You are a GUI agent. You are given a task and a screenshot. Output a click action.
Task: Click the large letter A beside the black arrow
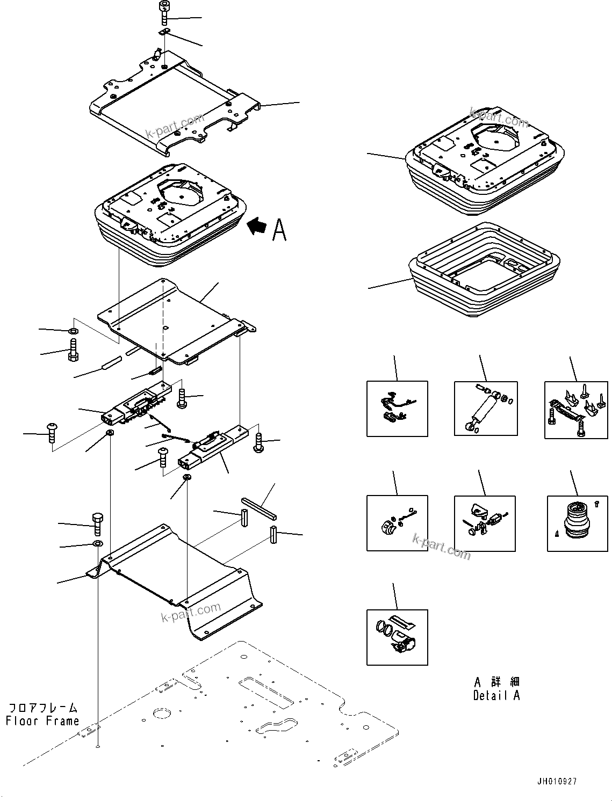(279, 229)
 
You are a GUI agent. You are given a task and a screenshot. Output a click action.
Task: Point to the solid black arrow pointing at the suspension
(257, 228)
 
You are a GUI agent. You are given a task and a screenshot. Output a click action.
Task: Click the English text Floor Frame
(42, 721)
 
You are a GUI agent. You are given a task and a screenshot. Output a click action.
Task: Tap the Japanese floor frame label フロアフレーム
(42, 708)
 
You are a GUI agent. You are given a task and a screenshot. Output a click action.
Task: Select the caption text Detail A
(496, 695)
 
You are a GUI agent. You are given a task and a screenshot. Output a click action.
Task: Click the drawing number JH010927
(549, 781)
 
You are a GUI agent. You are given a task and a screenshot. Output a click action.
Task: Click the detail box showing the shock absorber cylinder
(486, 409)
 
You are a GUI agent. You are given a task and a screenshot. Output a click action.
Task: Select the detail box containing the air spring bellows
(578, 523)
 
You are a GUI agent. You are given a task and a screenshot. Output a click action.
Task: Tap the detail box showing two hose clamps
(397, 637)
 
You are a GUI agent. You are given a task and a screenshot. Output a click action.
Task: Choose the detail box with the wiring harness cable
(397, 409)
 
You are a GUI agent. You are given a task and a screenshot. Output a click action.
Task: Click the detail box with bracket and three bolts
(576, 410)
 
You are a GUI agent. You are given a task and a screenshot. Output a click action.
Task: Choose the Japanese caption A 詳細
(496, 682)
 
